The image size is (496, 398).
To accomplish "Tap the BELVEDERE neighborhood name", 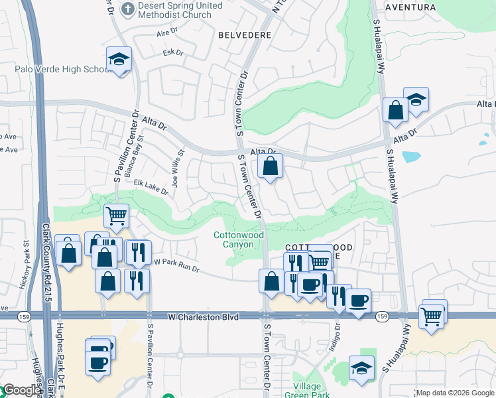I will coord(243,34).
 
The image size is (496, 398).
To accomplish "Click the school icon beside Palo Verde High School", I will coord(119,60).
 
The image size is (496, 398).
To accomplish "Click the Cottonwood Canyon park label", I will coord(239,239).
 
